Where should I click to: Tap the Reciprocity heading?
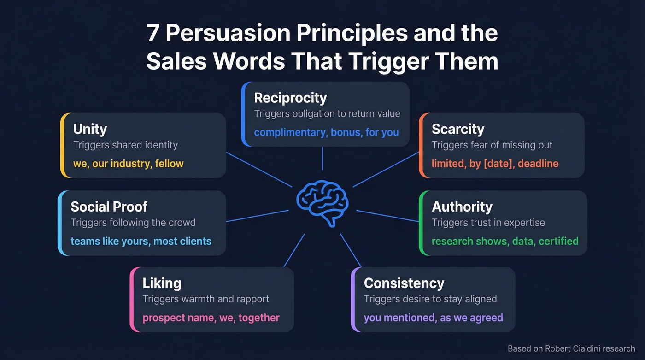[x=290, y=98]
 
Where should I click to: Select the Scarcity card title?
[x=458, y=129]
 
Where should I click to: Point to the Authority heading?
[x=462, y=207]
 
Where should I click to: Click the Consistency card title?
[x=404, y=283]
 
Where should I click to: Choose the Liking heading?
[x=162, y=283]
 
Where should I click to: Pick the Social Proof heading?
[x=109, y=207]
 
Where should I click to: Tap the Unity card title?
[x=90, y=129]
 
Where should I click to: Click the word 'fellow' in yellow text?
[x=170, y=164]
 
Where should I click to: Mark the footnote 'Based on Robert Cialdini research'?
[x=571, y=348]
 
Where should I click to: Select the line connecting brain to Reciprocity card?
[x=322, y=158]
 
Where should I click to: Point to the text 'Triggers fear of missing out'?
[x=492, y=145]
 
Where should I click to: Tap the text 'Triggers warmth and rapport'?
[x=206, y=299]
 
